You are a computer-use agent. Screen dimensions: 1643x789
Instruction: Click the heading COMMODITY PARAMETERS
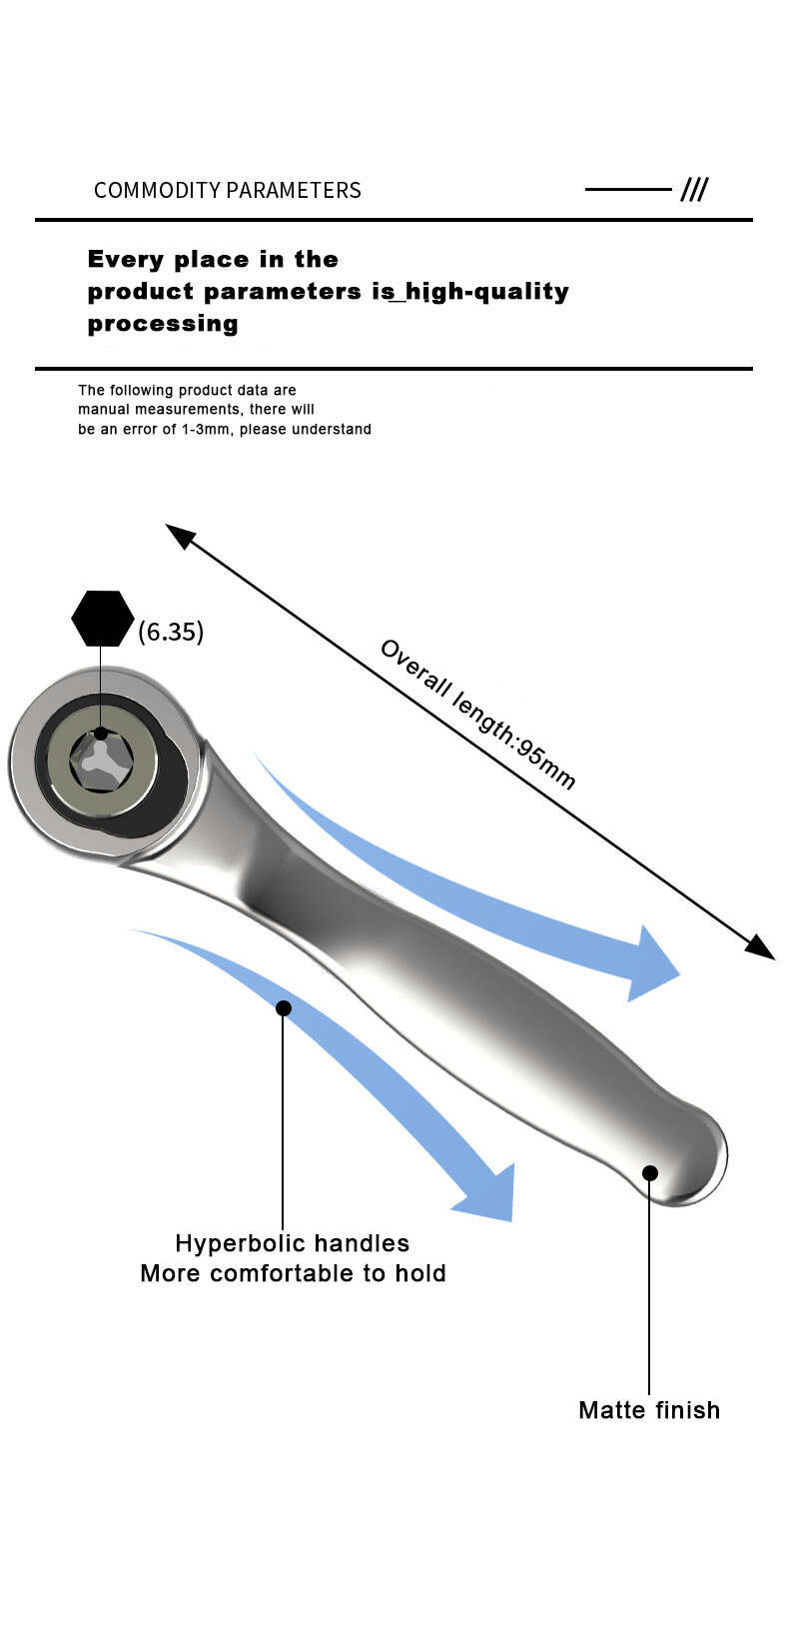(x=227, y=190)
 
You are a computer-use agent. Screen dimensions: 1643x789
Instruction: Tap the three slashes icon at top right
(x=694, y=190)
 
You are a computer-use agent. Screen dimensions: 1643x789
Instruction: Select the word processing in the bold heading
(x=163, y=324)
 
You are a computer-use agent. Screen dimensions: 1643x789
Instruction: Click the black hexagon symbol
(x=103, y=619)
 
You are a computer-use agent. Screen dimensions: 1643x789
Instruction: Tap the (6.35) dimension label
(x=171, y=632)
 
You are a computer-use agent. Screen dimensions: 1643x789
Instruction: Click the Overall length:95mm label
(x=477, y=713)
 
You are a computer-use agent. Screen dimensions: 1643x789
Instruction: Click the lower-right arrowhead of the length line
(x=761, y=947)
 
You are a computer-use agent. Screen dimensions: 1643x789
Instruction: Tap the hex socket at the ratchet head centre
(x=101, y=763)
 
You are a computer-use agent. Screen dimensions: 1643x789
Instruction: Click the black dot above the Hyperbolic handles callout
(x=284, y=1007)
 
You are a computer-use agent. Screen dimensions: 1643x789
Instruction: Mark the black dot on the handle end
(x=650, y=1173)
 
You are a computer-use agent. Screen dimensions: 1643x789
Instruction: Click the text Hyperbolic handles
(x=293, y=1243)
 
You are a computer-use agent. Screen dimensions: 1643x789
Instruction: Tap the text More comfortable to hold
(x=293, y=1273)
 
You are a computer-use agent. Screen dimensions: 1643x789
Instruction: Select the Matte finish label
(x=649, y=1410)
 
